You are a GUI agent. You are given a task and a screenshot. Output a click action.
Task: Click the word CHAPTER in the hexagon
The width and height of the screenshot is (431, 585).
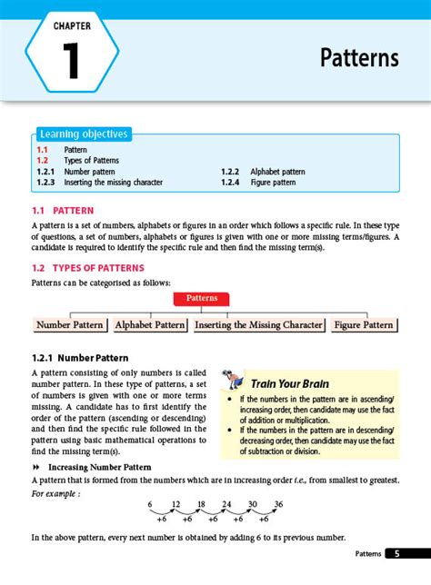[x=71, y=28]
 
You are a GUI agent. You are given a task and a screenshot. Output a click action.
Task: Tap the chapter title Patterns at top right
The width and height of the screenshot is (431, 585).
[x=359, y=58]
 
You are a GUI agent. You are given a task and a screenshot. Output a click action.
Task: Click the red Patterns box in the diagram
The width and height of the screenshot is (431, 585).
[x=201, y=298]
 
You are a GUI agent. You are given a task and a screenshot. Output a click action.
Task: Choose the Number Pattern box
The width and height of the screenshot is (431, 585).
[x=70, y=324]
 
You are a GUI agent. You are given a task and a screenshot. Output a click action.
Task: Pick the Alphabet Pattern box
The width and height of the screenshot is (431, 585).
[x=150, y=324]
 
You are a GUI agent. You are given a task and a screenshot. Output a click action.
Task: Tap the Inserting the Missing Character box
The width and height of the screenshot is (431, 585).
[x=259, y=324]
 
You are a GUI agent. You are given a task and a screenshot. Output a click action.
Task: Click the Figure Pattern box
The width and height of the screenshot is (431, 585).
[x=364, y=324]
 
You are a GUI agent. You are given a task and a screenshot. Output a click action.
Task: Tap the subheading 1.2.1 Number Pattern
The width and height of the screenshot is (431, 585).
[x=80, y=358]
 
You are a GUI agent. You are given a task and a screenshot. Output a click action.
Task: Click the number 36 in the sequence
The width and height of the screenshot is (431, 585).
[x=278, y=504]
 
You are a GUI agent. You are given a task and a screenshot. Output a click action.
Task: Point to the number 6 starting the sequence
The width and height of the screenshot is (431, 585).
[x=150, y=504]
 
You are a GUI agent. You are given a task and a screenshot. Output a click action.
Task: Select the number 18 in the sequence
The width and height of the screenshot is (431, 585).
[x=201, y=504]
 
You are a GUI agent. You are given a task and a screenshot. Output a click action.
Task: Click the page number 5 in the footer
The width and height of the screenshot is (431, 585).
[x=397, y=553]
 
